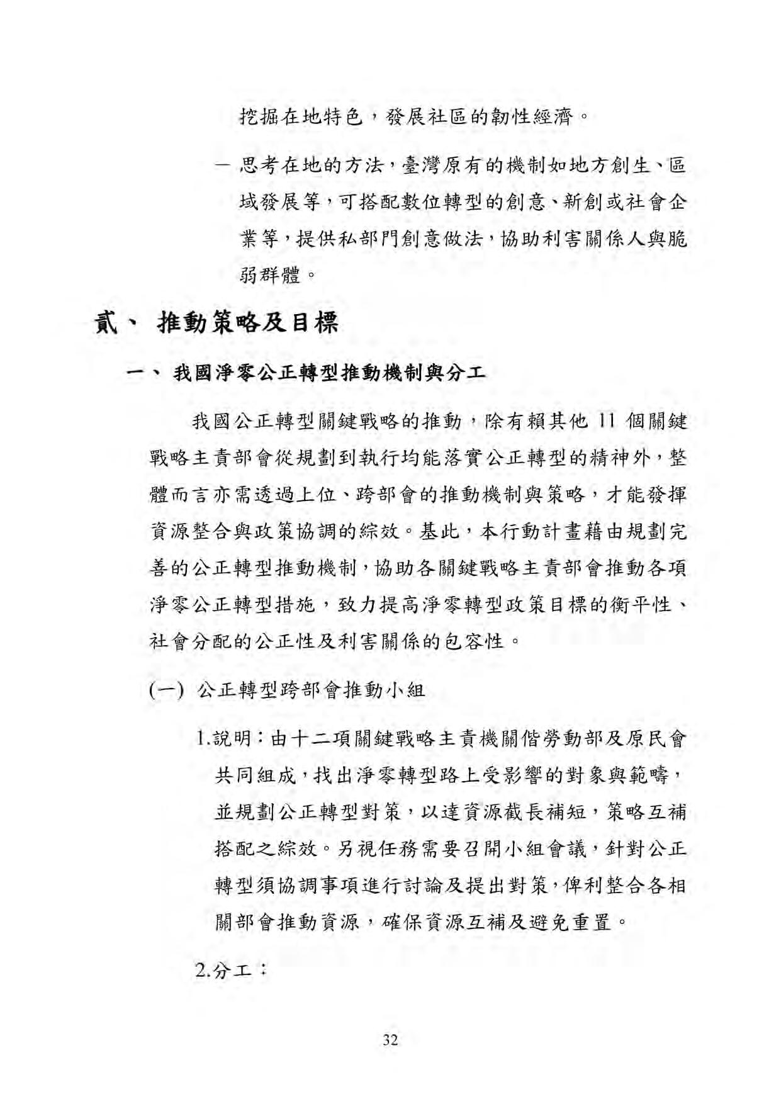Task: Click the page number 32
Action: pos(390,1039)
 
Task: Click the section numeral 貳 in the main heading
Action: pos(108,323)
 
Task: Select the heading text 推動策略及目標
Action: pos(248,323)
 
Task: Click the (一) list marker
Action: pos(166,690)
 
